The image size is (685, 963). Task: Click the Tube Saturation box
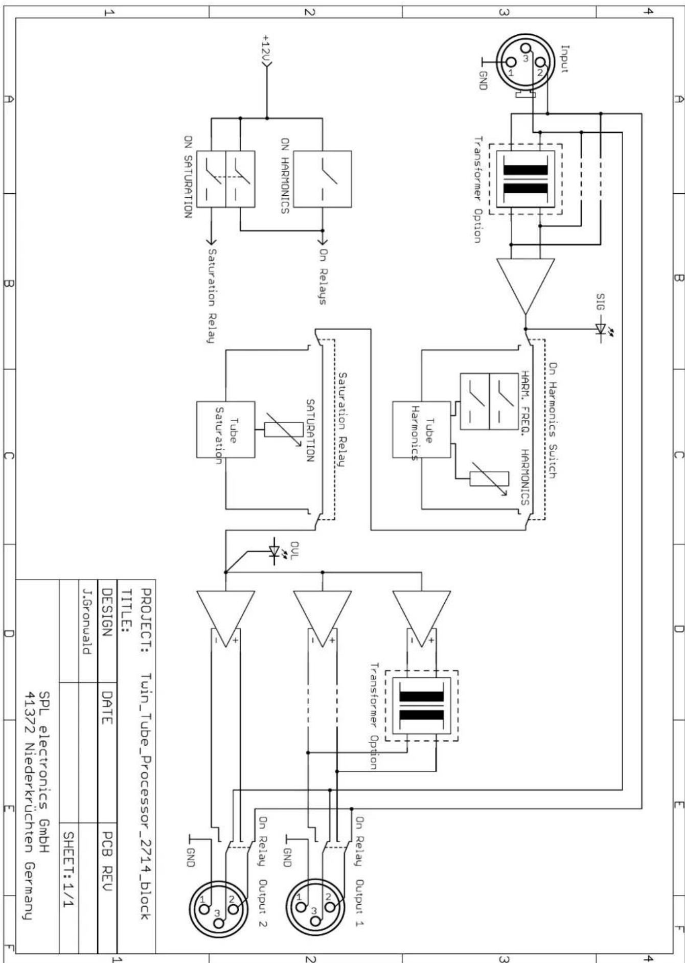coord(225,429)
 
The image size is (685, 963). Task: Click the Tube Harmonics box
coord(422,429)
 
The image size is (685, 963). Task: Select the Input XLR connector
coord(526,64)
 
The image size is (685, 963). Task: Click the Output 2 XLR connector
coord(219,909)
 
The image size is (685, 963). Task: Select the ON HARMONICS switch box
coord(322,179)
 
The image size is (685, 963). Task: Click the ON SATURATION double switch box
coord(225,179)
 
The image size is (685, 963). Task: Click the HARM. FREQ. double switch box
coord(489,401)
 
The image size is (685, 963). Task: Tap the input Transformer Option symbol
coord(526,179)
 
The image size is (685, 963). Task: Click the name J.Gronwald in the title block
coord(87,621)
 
